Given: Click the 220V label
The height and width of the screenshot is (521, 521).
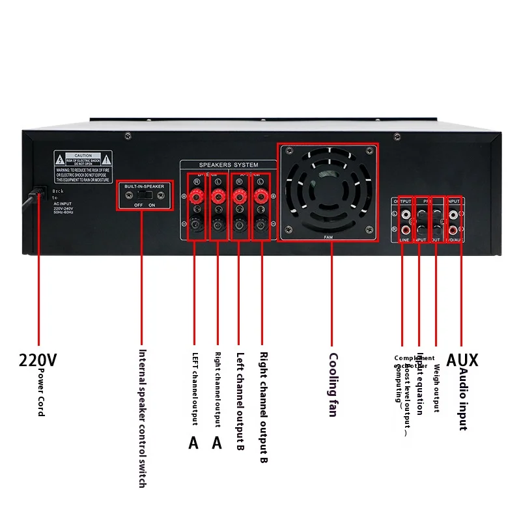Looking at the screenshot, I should coord(38,359).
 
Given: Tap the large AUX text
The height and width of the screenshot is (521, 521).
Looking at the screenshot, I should coord(462,359).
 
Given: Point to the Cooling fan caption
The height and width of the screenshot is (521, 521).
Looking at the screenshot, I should coord(333,384).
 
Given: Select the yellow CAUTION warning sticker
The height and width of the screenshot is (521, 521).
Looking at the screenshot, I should coord(83,165).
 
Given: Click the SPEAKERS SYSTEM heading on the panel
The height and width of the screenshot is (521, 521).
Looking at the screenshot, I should coord(228,165).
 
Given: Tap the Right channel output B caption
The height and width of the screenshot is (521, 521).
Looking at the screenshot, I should coord(263,408).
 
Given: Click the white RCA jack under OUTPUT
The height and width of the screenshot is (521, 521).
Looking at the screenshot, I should coord(406,214).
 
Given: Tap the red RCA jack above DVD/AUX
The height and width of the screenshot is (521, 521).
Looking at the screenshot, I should coord(454,229).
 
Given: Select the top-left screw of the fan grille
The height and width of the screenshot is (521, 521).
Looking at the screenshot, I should coord(287,150).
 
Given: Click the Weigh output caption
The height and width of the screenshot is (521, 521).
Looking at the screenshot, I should coord(436,388).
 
